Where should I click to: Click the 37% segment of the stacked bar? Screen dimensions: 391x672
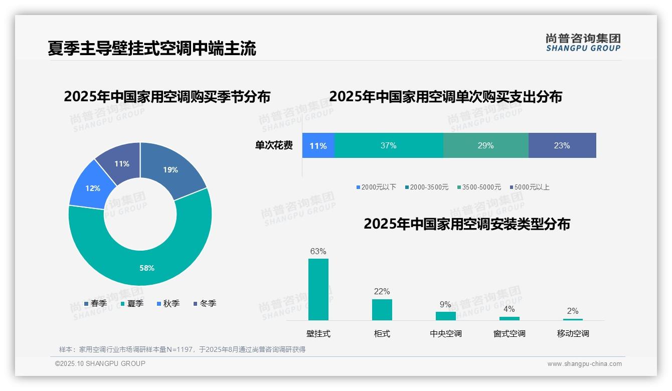click(x=389, y=145)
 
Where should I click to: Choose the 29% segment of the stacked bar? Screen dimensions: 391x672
click(x=485, y=145)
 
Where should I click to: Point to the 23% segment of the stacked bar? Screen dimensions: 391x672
click(x=562, y=145)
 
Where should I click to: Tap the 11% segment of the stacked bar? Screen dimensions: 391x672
click(x=318, y=145)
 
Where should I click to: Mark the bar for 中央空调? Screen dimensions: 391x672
click(x=445, y=316)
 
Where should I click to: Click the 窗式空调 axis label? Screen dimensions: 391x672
click(x=509, y=333)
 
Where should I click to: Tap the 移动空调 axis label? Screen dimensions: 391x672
click(x=573, y=333)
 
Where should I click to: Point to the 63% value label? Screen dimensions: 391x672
click(x=318, y=251)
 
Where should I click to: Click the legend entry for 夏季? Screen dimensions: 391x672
click(x=132, y=303)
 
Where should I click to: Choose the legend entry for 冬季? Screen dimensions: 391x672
click(x=205, y=303)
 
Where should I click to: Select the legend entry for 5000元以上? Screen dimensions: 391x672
click(x=530, y=187)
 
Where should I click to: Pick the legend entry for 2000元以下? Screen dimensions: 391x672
click(x=376, y=187)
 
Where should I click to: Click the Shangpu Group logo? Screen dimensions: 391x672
click(x=583, y=42)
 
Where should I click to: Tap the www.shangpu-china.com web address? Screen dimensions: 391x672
click(x=584, y=364)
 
